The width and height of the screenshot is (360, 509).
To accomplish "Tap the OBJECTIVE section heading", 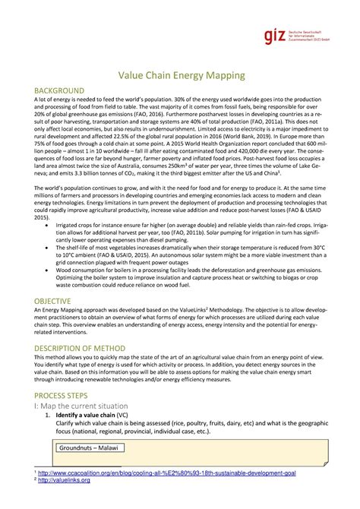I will (52, 302).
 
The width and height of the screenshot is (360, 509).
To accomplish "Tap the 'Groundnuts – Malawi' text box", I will (88, 448).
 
